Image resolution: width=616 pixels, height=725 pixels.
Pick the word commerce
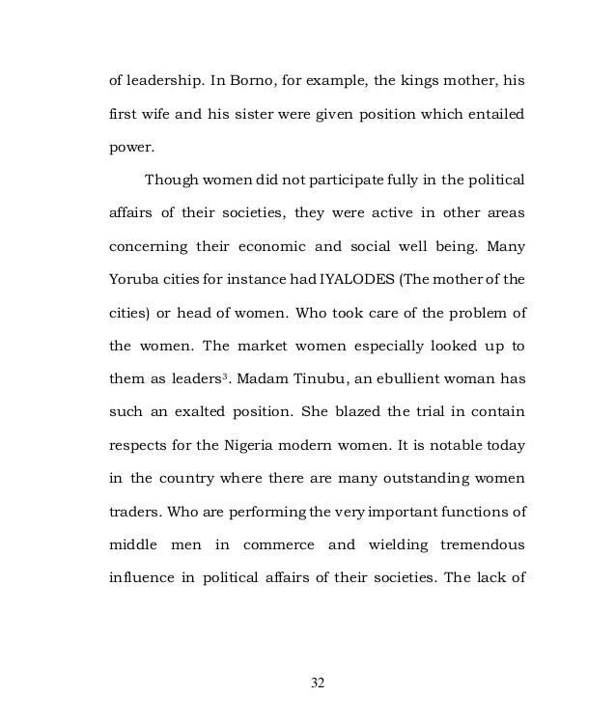(278, 545)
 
